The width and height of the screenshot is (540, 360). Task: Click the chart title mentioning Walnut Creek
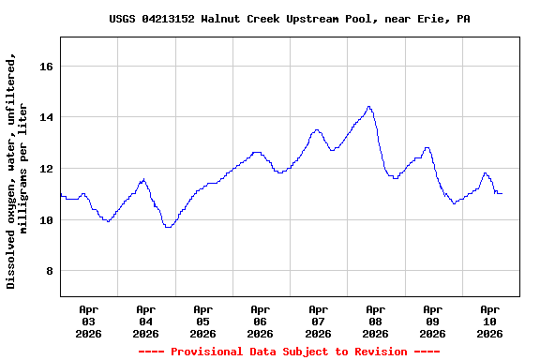coord(290,19)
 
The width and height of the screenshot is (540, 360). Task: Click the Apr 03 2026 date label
coord(89,321)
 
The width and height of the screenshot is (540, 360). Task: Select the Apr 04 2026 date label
coord(146,321)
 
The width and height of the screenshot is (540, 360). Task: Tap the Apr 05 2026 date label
coord(203,321)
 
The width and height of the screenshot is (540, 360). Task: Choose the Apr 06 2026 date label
coord(261,321)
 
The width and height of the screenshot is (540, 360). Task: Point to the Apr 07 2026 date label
coord(318,321)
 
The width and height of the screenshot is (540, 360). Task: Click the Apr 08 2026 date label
coord(375,321)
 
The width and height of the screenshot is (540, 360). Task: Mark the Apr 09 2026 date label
coord(432,321)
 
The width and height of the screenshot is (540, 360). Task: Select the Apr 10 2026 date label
coord(489,321)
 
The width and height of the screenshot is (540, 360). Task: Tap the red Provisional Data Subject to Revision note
coord(289,352)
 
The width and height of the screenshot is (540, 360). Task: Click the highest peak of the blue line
coord(369,107)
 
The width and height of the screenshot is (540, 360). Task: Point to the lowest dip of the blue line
coord(168,227)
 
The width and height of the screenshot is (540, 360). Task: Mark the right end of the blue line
coord(502,193)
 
